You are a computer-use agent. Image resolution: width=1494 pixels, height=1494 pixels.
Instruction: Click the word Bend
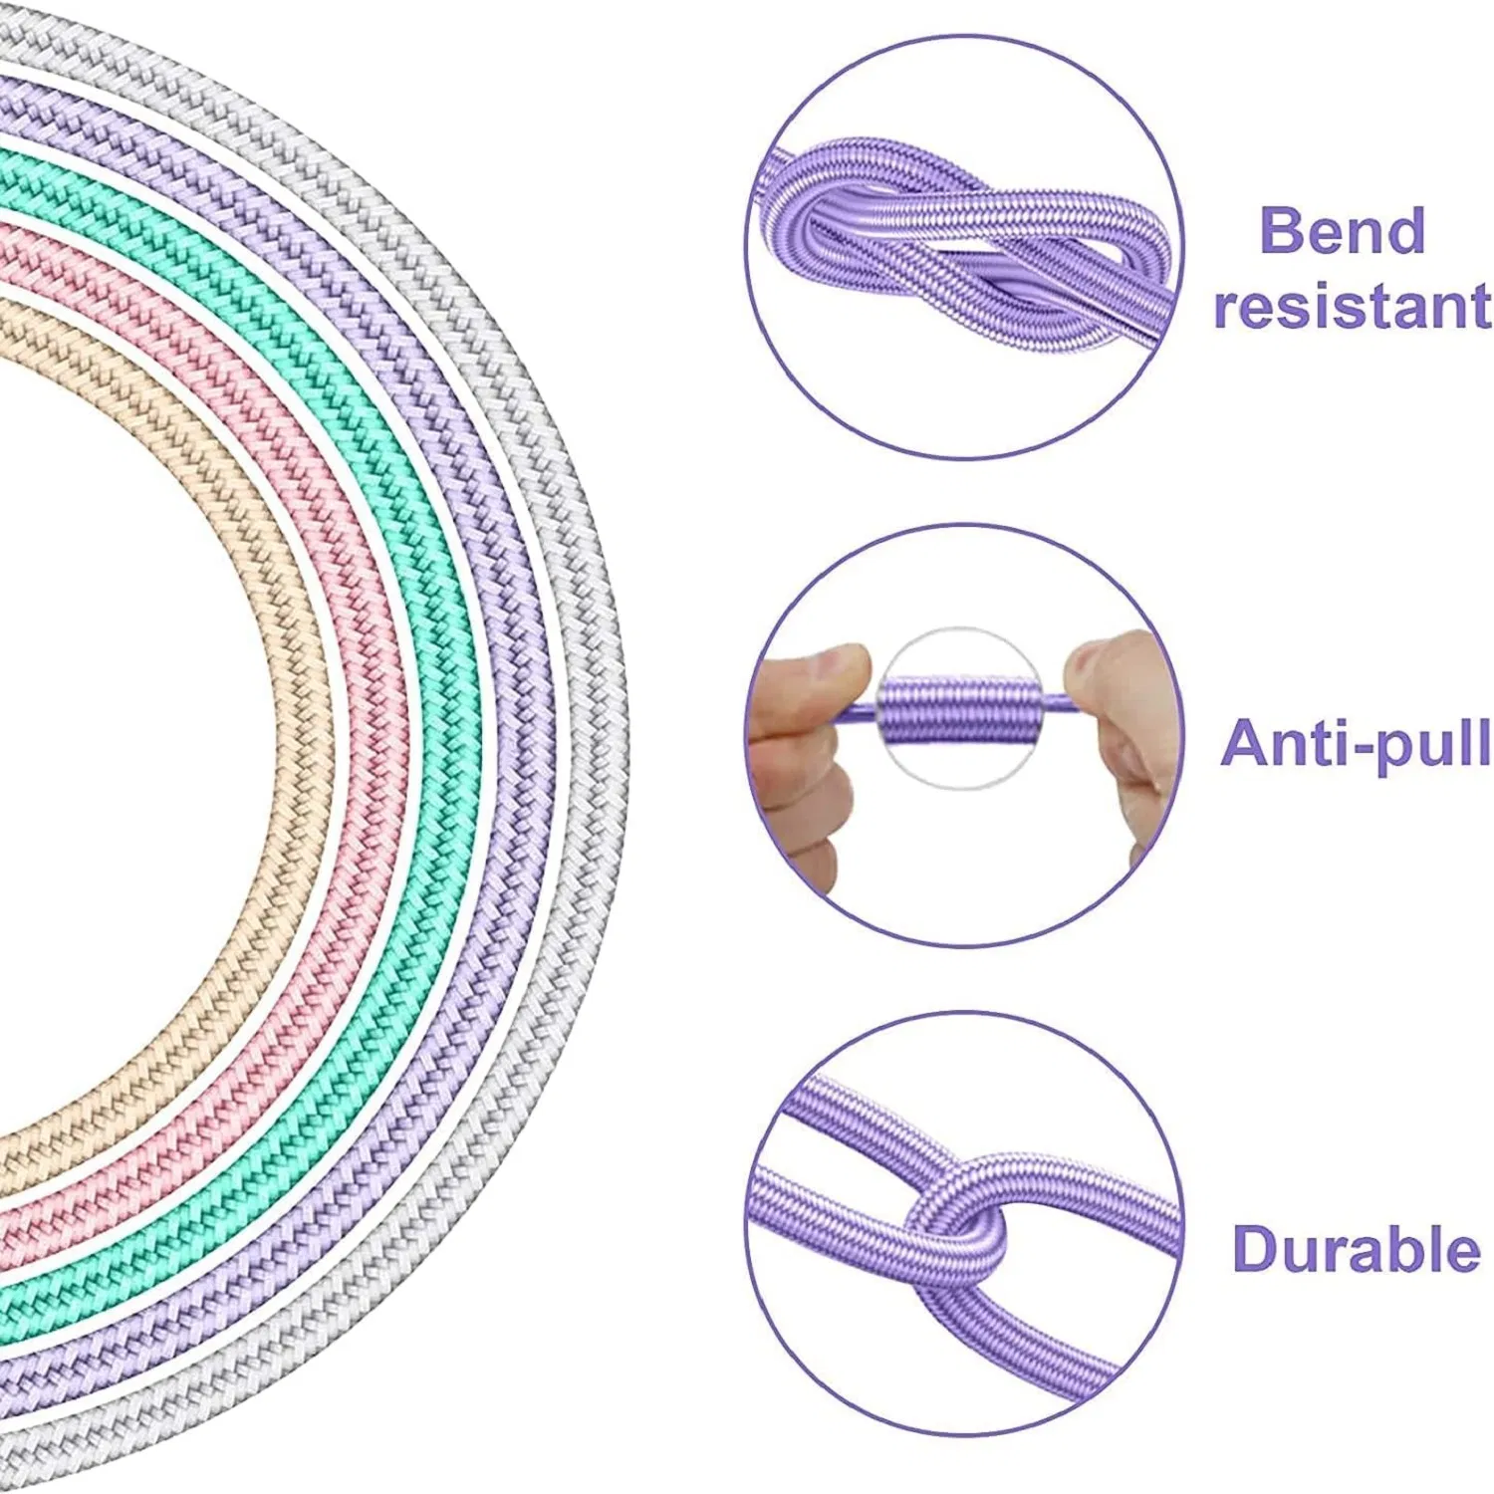pyautogui.click(x=1342, y=231)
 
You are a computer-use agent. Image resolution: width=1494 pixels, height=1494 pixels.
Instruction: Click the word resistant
pyautogui.click(x=1352, y=306)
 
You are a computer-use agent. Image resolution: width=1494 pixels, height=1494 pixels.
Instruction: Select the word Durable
pyautogui.click(x=1356, y=1249)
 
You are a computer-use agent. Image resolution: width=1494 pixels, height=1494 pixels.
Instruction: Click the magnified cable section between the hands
pyautogui.click(x=961, y=709)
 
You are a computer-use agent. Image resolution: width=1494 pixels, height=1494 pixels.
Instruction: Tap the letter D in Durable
pyautogui.click(x=1256, y=1249)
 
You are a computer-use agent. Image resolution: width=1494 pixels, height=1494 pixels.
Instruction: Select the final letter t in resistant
pyautogui.click(x=1477, y=306)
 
